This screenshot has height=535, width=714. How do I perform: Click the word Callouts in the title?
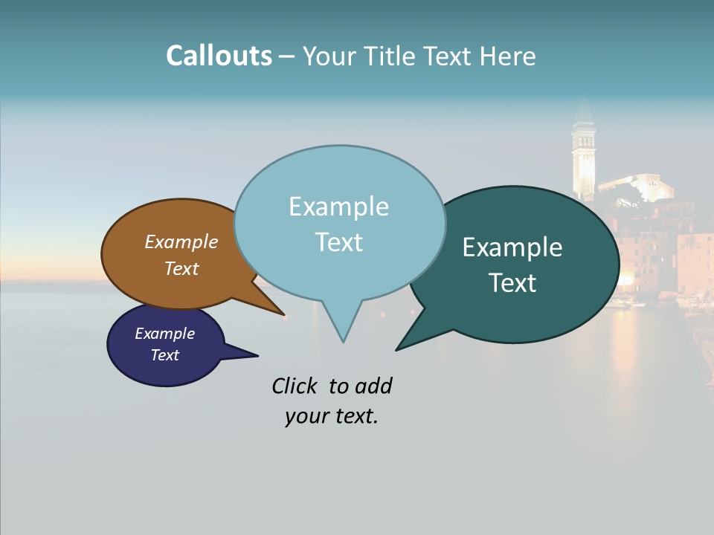(x=219, y=56)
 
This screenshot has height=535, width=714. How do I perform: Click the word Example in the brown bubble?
(x=181, y=241)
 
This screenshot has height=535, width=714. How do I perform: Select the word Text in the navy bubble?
(x=165, y=355)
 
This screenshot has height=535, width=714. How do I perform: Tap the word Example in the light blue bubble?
(x=338, y=207)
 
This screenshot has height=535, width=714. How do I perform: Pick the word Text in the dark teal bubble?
(x=513, y=283)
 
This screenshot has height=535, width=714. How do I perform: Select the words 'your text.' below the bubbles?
(x=332, y=416)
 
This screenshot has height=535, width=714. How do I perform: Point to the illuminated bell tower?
(x=583, y=160)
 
